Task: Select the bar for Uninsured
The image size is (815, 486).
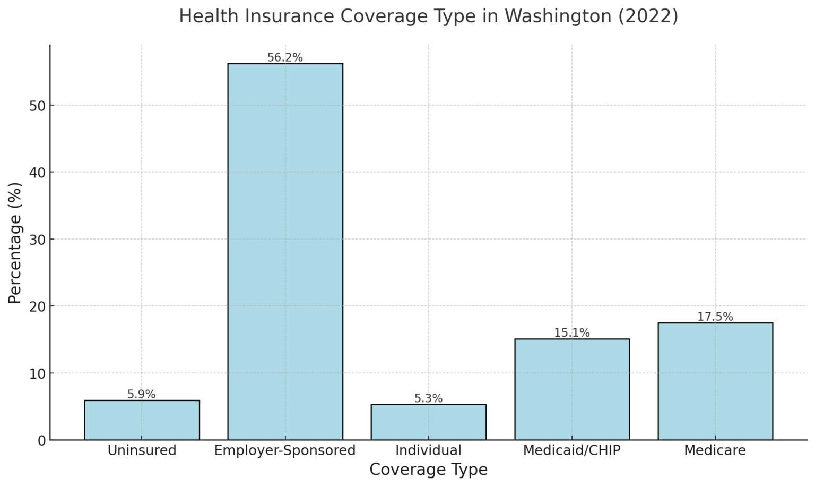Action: [x=142, y=420]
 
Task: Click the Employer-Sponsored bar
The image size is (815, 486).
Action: [x=285, y=252]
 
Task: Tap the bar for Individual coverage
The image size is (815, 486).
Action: [x=428, y=422]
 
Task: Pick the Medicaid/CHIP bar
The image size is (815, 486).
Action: [x=571, y=389]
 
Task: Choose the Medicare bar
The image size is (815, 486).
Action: [x=715, y=381]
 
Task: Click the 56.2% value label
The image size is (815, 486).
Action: [x=285, y=57]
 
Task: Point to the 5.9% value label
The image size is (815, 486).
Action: [x=142, y=394]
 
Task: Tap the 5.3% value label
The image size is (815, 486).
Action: [x=428, y=398]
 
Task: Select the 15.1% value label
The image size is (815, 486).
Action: [x=571, y=333]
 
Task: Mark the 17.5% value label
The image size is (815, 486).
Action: [x=715, y=317]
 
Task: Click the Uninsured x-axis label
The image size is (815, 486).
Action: [x=142, y=450]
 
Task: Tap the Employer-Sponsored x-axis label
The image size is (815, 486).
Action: [x=285, y=450]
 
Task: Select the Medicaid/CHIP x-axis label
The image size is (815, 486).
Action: [x=571, y=450]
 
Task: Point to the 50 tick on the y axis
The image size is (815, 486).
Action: [x=37, y=106]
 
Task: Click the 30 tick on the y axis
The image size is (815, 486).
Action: [x=37, y=240]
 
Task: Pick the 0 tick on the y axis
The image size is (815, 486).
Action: [x=41, y=440]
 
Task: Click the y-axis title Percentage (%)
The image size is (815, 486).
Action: [x=15, y=243]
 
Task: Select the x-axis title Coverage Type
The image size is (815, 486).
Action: [x=428, y=470]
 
